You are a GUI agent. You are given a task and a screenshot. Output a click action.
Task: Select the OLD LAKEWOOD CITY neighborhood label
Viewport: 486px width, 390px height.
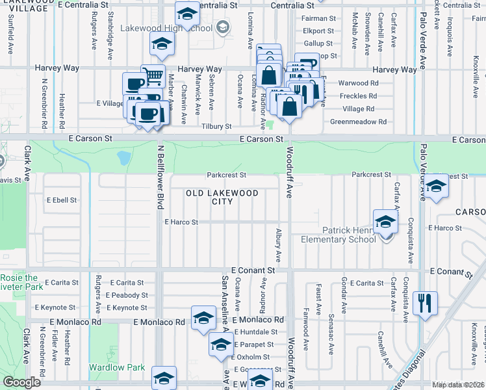click(222, 197)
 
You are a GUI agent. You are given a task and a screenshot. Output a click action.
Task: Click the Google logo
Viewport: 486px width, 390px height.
click(22, 382)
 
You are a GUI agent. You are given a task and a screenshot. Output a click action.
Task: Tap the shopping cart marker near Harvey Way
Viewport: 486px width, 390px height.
click(152, 76)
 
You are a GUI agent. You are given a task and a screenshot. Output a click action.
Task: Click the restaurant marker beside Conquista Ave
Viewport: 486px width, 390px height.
click(425, 302)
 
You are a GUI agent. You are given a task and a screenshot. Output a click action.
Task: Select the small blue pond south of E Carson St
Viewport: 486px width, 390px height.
click(123, 158)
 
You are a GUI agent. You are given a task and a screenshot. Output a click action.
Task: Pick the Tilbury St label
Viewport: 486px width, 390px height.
click(216, 126)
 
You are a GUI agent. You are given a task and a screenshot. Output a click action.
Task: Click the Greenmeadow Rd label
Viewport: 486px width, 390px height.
click(358, 122)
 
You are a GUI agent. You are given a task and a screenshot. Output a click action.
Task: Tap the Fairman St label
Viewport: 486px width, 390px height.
click(318, 19)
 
